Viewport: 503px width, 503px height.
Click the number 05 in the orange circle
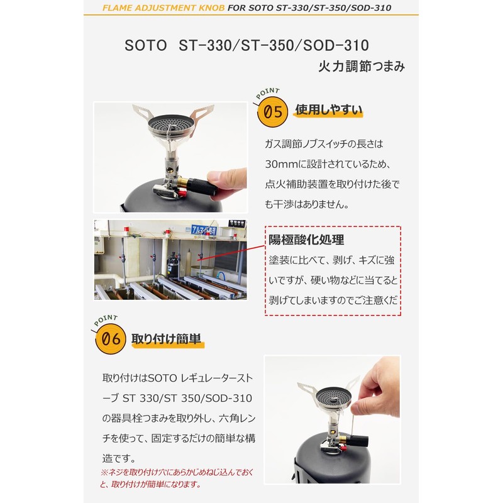273,112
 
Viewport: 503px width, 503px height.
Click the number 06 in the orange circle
111,338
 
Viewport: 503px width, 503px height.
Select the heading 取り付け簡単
166,339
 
